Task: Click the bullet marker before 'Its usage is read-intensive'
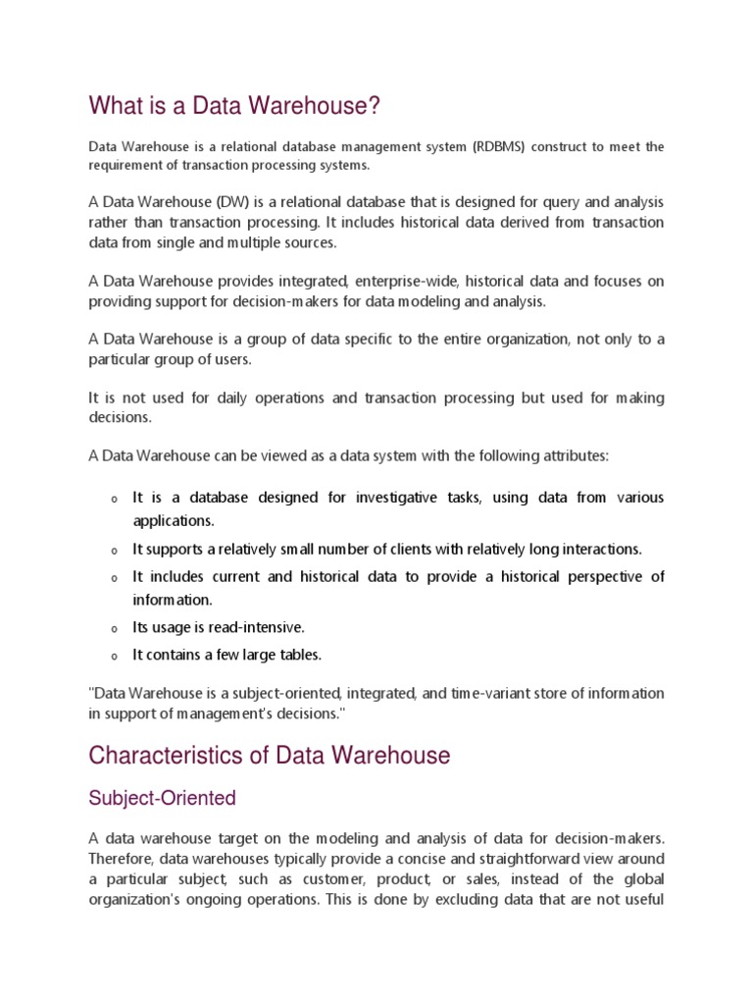(x=114, y=628)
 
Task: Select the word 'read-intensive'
(x=257, y=627)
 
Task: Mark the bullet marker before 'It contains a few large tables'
(x=114, y=656)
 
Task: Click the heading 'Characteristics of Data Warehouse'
(x=269, y=756)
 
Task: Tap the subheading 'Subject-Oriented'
(x=162, y=798)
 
